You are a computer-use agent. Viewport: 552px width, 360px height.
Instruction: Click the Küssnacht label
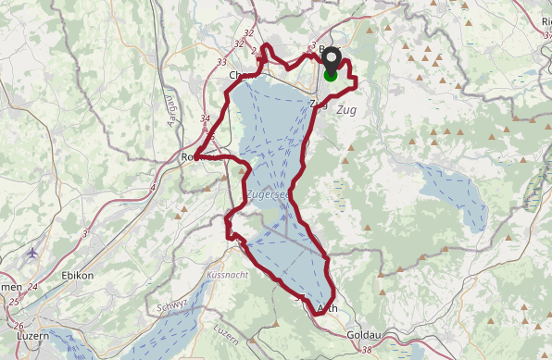click(228, 276)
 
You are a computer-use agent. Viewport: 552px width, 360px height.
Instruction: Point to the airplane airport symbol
click(33, 252)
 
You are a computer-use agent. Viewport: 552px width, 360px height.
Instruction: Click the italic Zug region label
click(346, 110)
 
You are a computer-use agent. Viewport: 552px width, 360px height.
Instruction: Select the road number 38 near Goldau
click(367, 350)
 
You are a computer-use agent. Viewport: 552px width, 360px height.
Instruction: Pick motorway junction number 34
click(205, 119)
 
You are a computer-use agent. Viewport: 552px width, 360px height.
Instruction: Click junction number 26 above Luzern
click(19, 325)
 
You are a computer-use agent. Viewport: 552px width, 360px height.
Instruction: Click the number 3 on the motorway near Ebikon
click(85, 233)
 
